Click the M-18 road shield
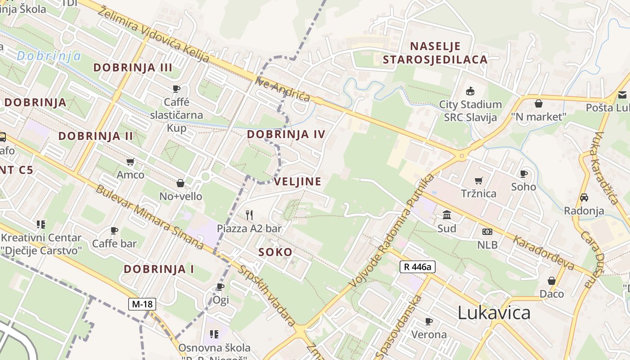point(142,304)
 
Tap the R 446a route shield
point(417,267)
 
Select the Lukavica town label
point(494,313)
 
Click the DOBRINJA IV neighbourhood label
point(286,134)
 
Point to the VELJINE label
point(297,182)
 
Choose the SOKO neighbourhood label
point(275,252)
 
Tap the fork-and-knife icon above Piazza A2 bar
point(249,215)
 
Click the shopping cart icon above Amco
point(130,162)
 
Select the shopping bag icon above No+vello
point(180,183)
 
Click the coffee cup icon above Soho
point(523,174)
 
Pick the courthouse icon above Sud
point(447,215)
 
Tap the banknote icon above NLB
point(487,232)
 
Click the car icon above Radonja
point(584,197)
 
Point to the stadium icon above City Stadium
point(470,91)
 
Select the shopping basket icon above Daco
point(551,281)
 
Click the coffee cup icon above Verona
point(429,321)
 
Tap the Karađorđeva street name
point(543,253)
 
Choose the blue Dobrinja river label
point(49,56)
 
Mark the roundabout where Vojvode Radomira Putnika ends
point(462,156)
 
